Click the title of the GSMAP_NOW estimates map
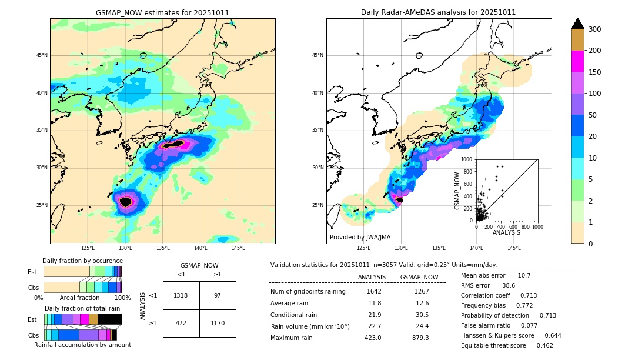[162, 12]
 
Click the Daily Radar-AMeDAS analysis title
[438, 12]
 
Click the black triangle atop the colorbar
[578, 24]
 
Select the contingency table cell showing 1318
[181, 295]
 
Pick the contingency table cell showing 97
[218, 295]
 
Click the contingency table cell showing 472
[181, 323]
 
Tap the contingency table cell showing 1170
[218, 323]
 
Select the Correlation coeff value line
[499, 295]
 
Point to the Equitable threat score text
[507, 345]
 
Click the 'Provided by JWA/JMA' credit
[360, 238]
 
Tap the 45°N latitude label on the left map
[41, 55]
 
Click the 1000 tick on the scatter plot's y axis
[467, 159]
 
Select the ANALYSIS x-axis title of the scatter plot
[506, 233]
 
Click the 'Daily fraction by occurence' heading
[82, 261]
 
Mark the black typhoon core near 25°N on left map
[125, 202]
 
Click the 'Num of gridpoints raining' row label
[308, 291]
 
